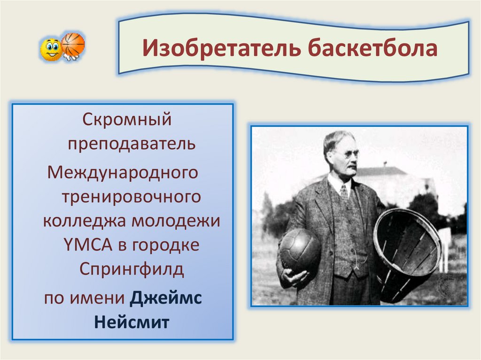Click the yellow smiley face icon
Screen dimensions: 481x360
[50, 49]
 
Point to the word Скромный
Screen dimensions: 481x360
[127, 119]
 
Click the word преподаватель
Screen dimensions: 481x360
[132, 144]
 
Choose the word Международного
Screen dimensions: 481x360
[123, 173]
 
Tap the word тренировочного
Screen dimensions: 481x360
[132, 196]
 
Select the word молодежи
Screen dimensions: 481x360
[176, 221]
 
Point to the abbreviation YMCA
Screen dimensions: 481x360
[88, 245]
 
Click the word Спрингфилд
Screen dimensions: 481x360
[132, 269]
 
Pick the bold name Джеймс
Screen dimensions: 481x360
[166, 298]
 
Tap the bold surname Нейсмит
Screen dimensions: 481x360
[132, 322]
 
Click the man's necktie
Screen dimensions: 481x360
[344, 193]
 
